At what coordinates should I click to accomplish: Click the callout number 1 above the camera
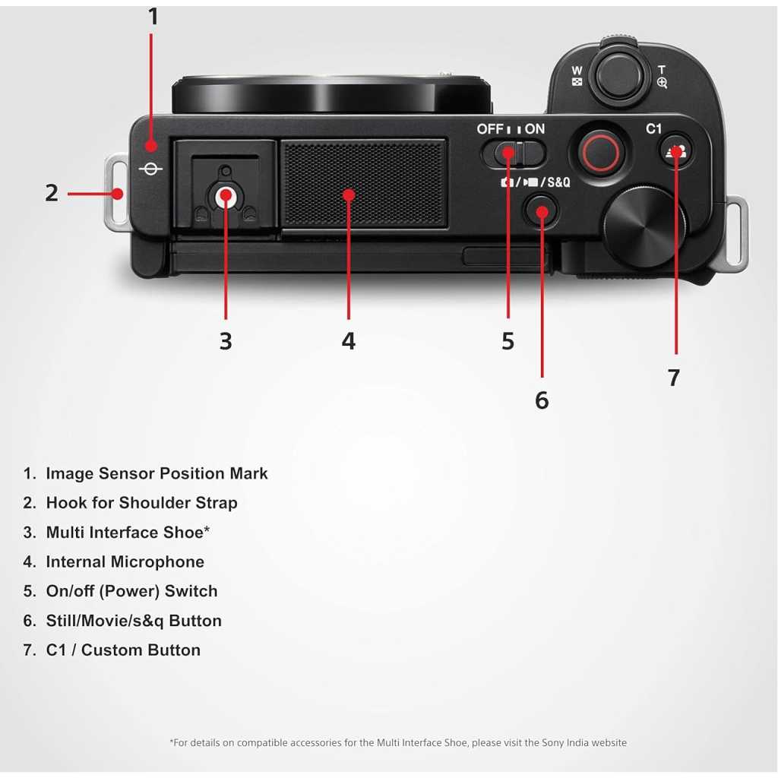[x=153, y=17]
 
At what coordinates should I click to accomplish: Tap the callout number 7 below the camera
[x=673, y=378]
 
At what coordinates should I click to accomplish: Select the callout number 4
[x=348, y=341]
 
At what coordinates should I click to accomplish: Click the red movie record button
[x=600, y=152]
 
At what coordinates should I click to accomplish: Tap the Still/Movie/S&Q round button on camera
[x=541, y=210]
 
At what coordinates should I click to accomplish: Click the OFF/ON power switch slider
[x=514, y=153]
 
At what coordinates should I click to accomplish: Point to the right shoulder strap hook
[x=733, y=233]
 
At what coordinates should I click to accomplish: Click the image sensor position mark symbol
[x=150, y=169]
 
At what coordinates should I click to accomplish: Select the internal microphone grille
[x=364, y=184]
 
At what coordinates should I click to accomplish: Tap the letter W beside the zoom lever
[x=577, y=71]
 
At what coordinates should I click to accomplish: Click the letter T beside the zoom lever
[x=662, y=70]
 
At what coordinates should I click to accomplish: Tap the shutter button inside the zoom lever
[x=620, y=75]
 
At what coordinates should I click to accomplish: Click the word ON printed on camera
[x=535, y=129]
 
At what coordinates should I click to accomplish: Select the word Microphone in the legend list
[x=157, y=561]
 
